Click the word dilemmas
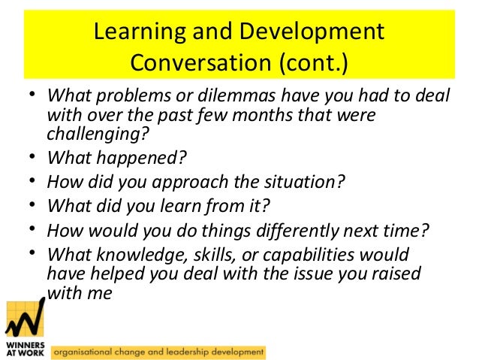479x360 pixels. click(209, 100)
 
